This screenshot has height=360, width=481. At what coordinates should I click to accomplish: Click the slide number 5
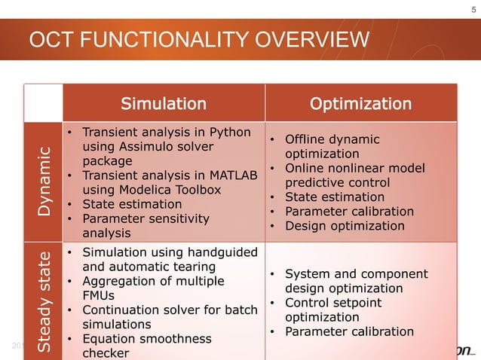pos(473,9)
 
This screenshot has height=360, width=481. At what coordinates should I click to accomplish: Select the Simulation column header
pos(164,103)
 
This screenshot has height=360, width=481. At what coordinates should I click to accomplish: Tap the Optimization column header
pos(361,103)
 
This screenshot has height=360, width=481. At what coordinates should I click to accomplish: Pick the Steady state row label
pos(44,300)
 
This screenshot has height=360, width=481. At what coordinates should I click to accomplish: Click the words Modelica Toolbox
pos(174,190)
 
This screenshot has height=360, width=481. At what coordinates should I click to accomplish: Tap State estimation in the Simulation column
pos(132,204)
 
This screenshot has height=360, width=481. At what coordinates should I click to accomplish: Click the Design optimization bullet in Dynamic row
pos(345,226)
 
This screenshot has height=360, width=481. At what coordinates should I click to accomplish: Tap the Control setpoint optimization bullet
pos(333,310)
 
